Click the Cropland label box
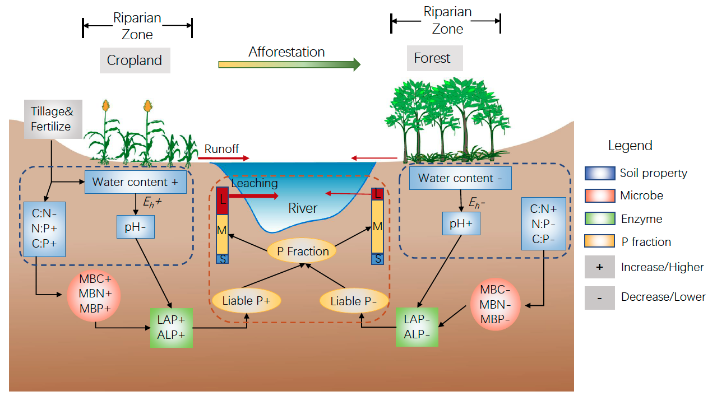[135, 60]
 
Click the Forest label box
[432, 58]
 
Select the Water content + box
[135, 182]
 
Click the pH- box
[136, 226]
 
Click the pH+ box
[461, 222]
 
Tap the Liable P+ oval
[246, 300]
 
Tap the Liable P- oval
[354, 301]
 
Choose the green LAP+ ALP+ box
[171, 327]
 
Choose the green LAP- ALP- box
[417, 327]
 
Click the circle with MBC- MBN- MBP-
[496, 305]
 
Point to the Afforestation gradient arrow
[289, 64]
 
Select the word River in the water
[303, 208]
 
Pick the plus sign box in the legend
[599, 267]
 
